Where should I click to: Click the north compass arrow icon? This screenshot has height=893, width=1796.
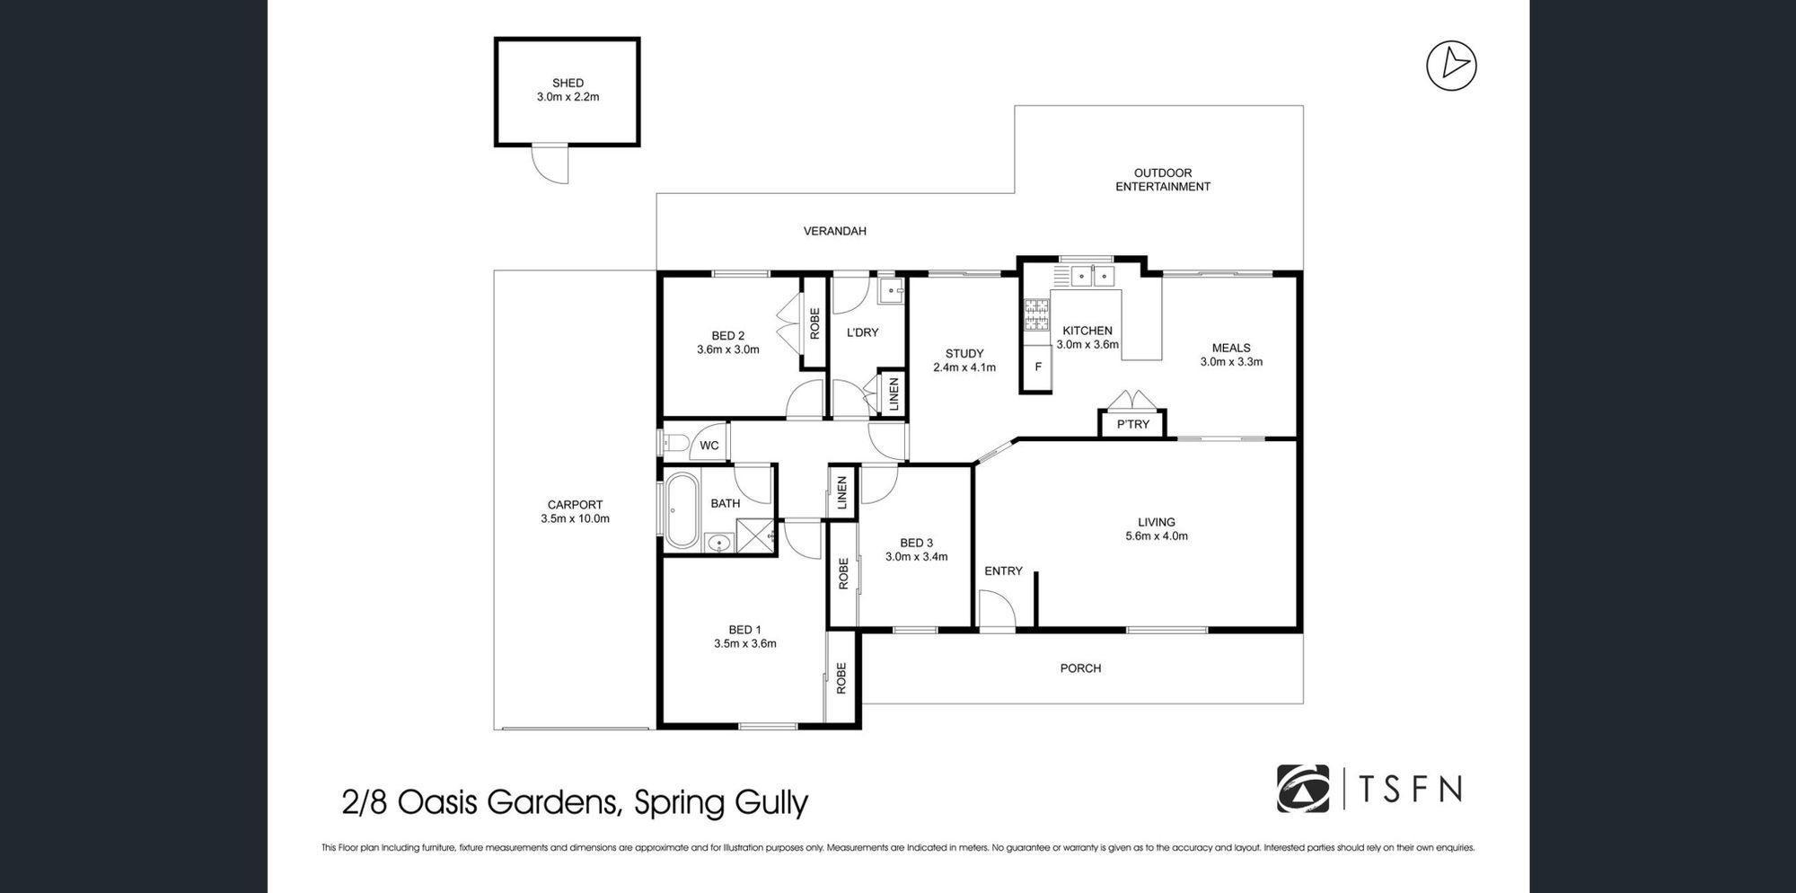(1451, 66)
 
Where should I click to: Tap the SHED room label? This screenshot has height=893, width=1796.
(568, 83)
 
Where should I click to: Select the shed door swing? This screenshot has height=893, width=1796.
(550, 164)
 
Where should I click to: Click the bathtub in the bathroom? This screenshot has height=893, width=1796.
(682, 509)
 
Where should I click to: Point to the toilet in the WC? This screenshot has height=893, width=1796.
(673, 442)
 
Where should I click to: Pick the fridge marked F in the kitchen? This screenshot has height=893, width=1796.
(1037, 367)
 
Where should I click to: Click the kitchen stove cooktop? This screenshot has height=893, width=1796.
(1037, 314)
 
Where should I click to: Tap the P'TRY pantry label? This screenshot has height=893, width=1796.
(1132, 424)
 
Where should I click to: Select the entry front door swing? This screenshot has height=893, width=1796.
(997, 609)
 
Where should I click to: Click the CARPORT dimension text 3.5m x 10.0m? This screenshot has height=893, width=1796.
(575, 518)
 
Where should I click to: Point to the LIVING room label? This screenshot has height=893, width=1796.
(1157, 522)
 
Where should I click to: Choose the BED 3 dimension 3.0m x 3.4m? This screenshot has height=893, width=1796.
(916, 557)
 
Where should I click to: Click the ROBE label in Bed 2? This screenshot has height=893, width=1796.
(814, 323)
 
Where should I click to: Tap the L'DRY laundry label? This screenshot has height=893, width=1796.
(862, 332)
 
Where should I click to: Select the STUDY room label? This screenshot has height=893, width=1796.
(964, 354)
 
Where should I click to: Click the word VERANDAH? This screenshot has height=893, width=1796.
(834, 231)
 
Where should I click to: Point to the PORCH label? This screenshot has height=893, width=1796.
(1080, 668)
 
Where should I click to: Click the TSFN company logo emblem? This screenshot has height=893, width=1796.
(1303, 788)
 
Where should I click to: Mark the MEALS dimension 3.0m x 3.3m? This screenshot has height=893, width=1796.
(1231, 362)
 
